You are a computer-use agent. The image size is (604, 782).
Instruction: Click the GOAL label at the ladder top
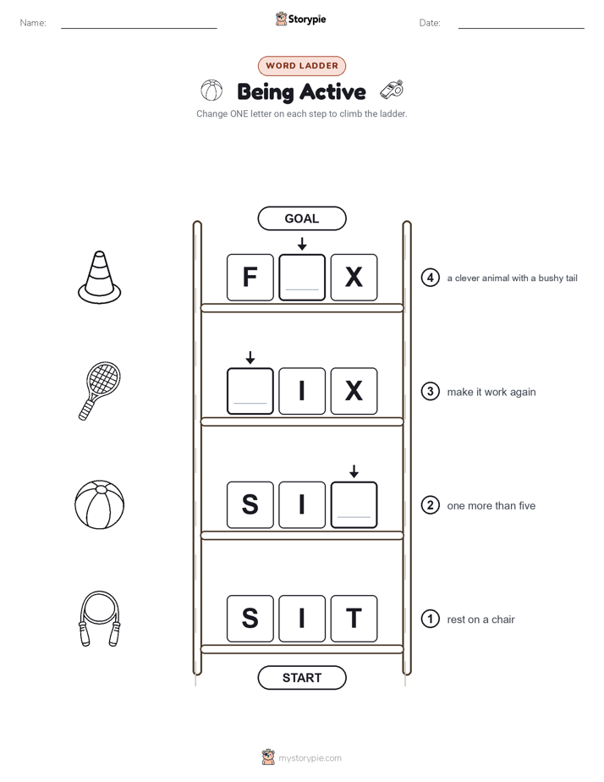(x=301, y=218)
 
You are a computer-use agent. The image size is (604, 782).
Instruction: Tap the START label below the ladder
(x=301, y=678)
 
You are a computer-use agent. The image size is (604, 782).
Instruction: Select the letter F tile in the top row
(x=250, y=278)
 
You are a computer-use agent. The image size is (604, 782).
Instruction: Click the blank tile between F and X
(x=302, y=278)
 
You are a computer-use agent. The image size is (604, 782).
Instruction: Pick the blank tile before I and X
(x=250, y=391)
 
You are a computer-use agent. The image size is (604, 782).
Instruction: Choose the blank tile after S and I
(x=354, y=504)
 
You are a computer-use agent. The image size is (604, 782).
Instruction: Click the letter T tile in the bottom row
(x=354, y=619)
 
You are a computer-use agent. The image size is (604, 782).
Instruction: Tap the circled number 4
(x=431, y=278)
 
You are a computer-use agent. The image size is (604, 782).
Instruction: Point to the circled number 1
(x=431, y=619)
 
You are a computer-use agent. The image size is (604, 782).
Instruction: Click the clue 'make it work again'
(x=491, y=392)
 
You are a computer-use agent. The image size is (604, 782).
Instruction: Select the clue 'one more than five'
(x=491, y=506)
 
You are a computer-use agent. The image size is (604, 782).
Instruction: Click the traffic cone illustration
(x=100, y=278)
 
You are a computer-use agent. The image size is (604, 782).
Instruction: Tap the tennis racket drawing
(x=100, y=391)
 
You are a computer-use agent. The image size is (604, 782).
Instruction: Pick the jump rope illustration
(x=100, y=619)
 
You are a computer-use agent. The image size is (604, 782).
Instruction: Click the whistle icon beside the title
(x=392, y=89)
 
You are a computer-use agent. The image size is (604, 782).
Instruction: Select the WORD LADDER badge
(x=301, y=66)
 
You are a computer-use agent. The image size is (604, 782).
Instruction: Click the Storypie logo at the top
(x=300, y=19)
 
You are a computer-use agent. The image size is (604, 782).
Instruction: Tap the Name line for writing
(x=139, y=29)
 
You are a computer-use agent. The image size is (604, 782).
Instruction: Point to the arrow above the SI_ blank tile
(x=354, y=471)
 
